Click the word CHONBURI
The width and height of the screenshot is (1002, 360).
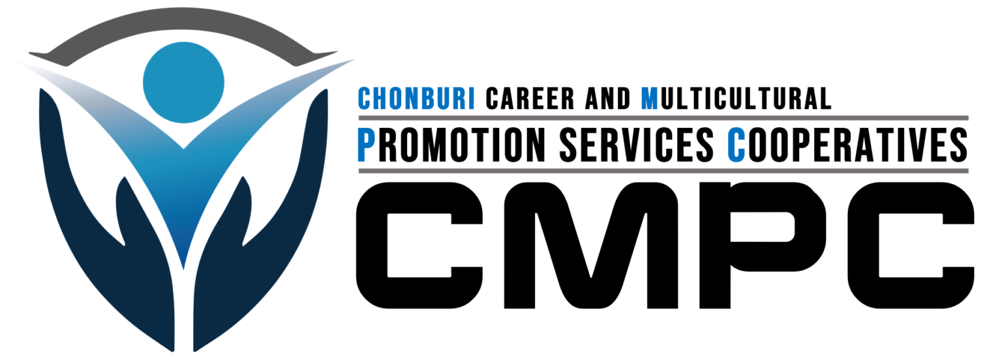coord(416,98)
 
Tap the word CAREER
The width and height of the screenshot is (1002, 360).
coord(530,98)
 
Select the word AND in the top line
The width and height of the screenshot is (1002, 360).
coord(608,98)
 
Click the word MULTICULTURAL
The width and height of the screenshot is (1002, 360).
coord(736,98)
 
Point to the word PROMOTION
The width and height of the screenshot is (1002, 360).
coord(451,145)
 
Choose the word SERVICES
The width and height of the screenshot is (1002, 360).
coord(637,145)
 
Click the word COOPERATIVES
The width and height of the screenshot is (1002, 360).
coord(847,145)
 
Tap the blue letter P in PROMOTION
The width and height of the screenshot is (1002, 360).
coord(365,145)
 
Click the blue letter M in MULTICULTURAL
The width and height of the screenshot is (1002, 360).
coord(650,98)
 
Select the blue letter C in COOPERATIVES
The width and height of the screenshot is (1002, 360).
coord(736,145)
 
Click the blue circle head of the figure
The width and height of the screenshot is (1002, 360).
coord(183,82)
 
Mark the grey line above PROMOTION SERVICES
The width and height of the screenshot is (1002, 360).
coord(663,118)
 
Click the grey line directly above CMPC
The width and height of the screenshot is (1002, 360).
coord(663,171)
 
